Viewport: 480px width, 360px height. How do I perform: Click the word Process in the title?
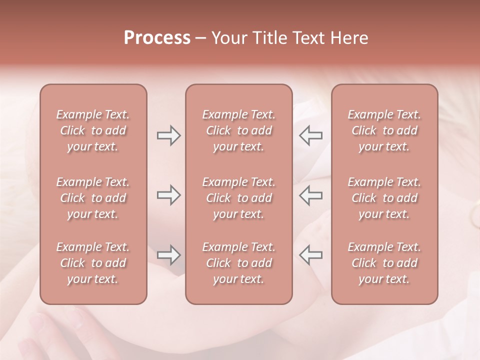coord(157,38)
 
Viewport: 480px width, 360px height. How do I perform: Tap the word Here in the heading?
coord(348,38)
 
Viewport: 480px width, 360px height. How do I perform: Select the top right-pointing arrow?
coord(168,135)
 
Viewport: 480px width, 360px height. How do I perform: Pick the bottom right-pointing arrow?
coord(168,255)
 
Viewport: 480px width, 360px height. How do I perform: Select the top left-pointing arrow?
coord(311,135)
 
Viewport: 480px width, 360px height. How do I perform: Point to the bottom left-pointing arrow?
coord(311,255)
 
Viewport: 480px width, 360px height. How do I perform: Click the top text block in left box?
coord(93,130)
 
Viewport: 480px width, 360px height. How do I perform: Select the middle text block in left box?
coord(93,198)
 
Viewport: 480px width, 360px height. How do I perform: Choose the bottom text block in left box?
coord(93,263)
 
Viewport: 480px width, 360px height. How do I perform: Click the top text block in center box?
coord(238,130)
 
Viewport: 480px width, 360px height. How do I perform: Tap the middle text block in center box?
coord(238,198)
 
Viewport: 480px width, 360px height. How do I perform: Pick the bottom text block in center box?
coord(238,263)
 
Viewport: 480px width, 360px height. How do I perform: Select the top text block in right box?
coord(384,130)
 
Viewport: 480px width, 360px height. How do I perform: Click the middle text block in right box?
coord(384,198)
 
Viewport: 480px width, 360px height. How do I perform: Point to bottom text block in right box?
coord(384,263)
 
